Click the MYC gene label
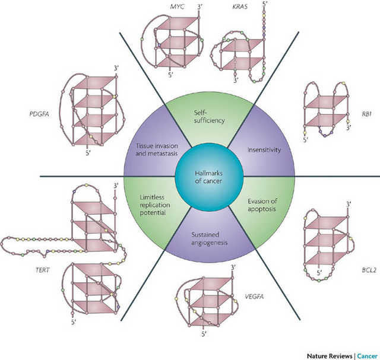[160, 6]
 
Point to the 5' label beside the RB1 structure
[305, 141]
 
